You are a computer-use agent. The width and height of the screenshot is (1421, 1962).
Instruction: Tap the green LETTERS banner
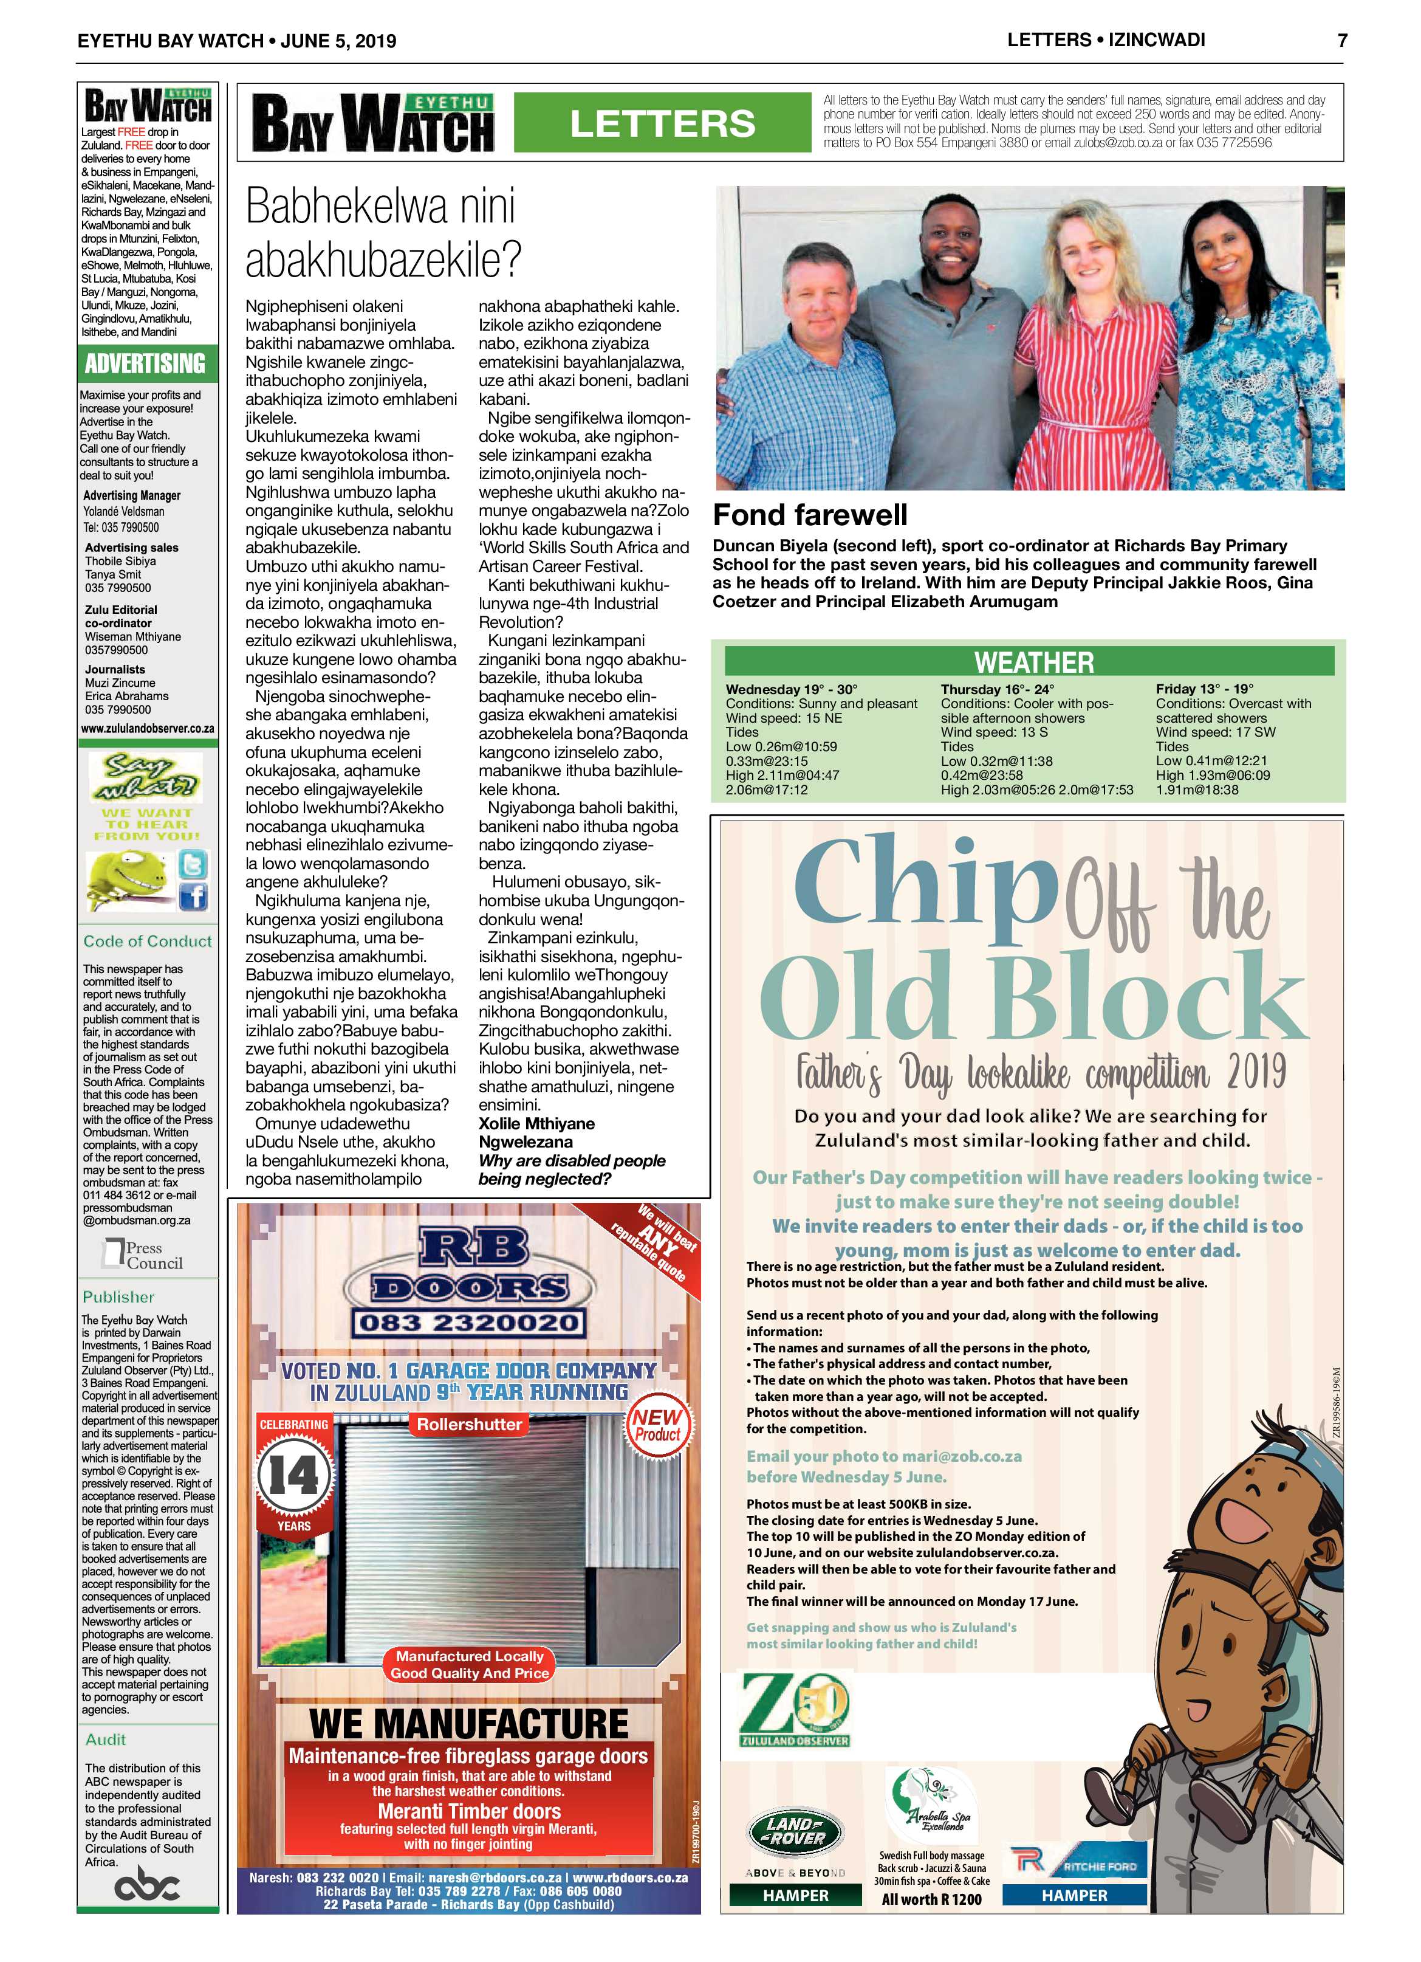[662, 123]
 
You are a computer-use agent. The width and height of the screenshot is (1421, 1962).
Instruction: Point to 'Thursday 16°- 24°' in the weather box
[997, 689]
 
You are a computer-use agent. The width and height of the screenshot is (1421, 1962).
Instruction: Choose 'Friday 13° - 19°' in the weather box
[1204, 689]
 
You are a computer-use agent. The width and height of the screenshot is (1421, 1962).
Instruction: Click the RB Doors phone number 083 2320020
[468, 1324]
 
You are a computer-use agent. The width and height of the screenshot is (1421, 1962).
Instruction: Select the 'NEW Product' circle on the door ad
[658, 1426]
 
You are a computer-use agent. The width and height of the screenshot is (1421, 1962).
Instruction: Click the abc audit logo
[146, 1886]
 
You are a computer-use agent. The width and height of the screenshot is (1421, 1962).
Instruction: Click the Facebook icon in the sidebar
[193, 898]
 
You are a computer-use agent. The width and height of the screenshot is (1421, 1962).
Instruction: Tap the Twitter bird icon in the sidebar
[192, 865]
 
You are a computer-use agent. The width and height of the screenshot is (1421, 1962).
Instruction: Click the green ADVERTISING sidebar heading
[145, 363]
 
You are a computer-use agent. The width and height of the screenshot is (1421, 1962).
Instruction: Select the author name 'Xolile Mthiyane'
[536, 1124]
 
